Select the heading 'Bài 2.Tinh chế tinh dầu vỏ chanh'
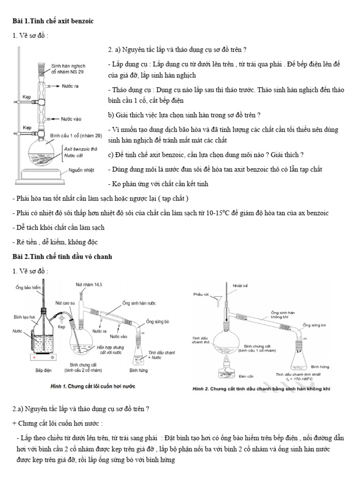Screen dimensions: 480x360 (62, 257)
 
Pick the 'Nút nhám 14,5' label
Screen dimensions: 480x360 (87, 285)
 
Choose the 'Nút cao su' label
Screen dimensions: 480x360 (65, 302)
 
